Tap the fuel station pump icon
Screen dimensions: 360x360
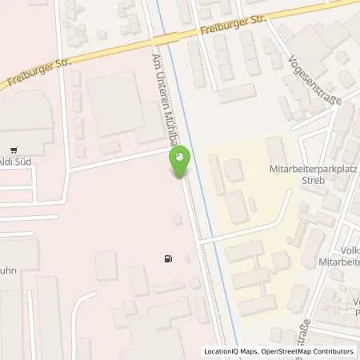167,258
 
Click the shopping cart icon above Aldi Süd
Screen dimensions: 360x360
14,150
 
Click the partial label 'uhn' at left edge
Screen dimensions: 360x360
10,271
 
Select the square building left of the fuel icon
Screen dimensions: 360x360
106,266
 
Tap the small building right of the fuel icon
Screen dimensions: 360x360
188,258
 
